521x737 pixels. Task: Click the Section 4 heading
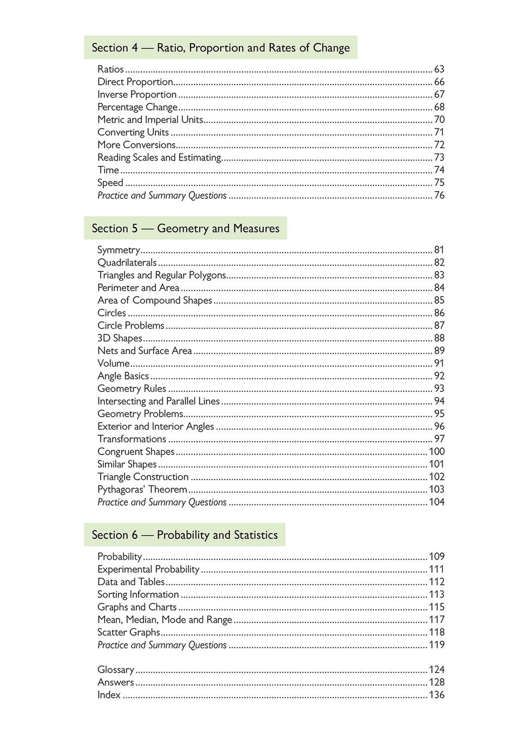220,48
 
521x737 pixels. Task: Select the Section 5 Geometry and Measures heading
185,228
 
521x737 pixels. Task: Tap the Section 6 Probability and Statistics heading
184,535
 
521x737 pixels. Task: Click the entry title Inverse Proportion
137,94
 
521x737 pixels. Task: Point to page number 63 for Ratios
439,69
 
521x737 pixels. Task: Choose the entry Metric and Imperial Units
150,120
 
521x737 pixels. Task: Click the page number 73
439,158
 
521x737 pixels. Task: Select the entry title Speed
110,183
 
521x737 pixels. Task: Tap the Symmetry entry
119,250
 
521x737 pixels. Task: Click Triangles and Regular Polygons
161,275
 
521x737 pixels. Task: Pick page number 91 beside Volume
439,364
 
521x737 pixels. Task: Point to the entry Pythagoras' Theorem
142,489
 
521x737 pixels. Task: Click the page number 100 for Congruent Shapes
437,452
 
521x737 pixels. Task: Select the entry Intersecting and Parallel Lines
159,402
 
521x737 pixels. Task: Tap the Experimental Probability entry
148,570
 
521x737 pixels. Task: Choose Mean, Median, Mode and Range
165,620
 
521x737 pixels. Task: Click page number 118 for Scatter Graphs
437,632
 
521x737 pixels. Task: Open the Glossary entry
115,670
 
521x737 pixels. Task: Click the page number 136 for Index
437,695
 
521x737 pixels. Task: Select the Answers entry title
115,683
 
